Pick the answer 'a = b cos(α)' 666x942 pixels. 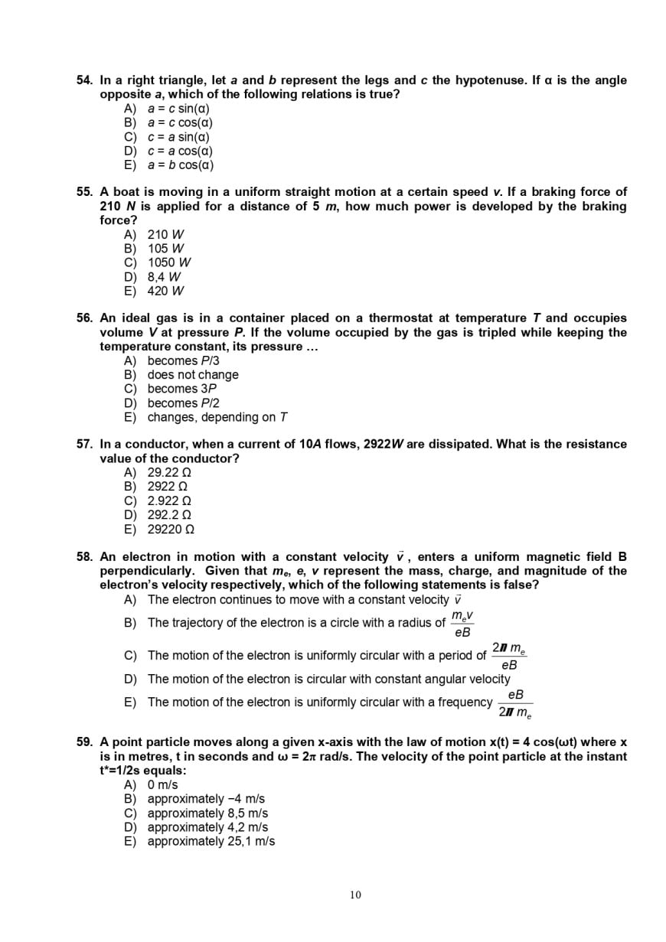pos(180,165)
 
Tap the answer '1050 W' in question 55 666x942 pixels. pos(168,262)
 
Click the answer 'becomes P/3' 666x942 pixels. pos(183,360)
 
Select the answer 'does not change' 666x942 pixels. pos(192,375)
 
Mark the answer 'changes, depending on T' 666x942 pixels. pos(217,417)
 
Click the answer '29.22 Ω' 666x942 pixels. pos(168,473)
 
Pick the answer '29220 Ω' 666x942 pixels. pos(171,530)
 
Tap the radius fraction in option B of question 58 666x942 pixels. pos(462,624)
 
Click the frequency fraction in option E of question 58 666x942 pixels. pos(515,703)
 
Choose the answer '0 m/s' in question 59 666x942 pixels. pos(162,785)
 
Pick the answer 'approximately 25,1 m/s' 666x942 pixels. pos(211,842)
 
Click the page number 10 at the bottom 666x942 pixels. pos(355,895)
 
